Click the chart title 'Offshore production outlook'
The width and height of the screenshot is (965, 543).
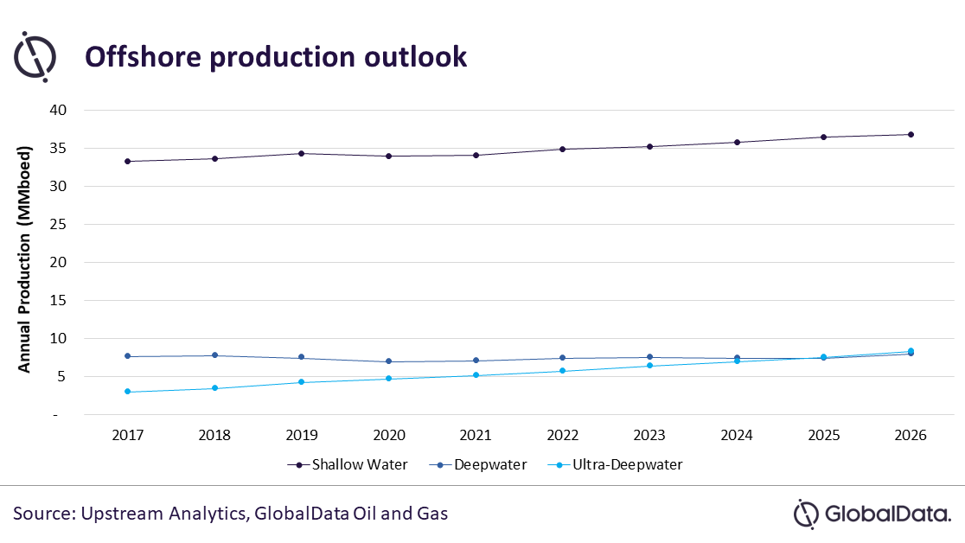click(275, 57)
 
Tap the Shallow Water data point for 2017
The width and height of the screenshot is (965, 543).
click(128, 162)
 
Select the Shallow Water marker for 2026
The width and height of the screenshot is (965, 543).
click(911, 134)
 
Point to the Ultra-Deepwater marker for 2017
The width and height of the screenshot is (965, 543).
click(128, 392)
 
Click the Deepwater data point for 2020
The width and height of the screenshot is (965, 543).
click(388, 361)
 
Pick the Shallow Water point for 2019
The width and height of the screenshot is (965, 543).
click(302, 153)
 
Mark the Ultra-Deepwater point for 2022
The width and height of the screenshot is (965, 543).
click(563, 371)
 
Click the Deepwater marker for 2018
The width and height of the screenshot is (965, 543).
click(214, 355)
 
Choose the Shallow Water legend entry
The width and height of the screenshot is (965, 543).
click(347, 464)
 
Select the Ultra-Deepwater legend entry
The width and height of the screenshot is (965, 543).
click(616, 464)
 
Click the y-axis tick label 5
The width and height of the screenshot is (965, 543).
click(61, 376)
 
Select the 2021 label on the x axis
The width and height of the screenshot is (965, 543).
click(476, 436)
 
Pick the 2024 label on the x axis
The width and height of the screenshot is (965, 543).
click(737, 436)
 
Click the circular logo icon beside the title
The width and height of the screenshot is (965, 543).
click(35, 57)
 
